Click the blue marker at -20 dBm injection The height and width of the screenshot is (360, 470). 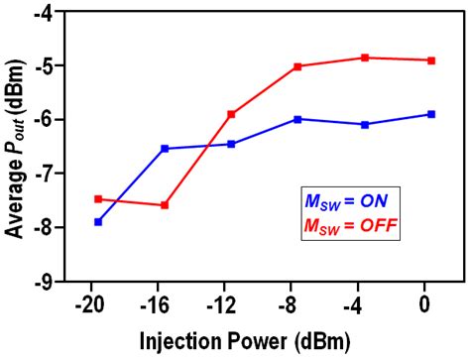coord(98,221)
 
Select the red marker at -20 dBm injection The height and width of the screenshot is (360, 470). coord(98,198)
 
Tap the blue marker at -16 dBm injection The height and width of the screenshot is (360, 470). coord(165,149)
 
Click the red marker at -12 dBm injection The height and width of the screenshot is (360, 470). coord(231,114)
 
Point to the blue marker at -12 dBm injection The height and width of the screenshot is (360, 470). coord(231,144)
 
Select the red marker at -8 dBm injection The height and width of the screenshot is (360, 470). coord(297,66)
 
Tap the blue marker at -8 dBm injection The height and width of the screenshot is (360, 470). coord(297,119)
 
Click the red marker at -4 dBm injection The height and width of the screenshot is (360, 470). coord(365,58)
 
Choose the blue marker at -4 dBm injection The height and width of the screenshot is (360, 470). coord(365,124)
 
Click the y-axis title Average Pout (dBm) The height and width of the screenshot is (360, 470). coord(16,149)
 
